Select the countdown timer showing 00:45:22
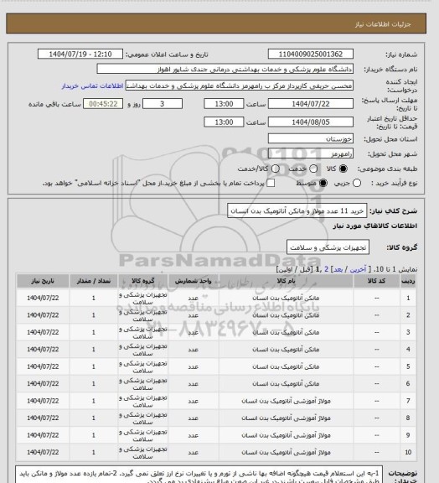click(x=106, y=103)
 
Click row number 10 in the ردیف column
click(x=408, y=452)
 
